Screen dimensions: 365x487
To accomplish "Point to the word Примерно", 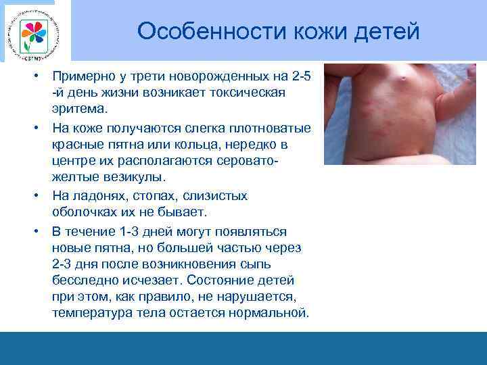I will [84, 76].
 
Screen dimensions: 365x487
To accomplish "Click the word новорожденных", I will [204, 76].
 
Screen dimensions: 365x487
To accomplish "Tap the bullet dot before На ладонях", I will [41, 196].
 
